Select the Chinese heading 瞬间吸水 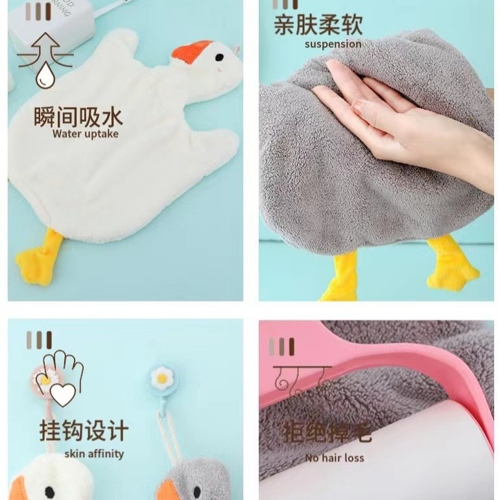click(78, 117)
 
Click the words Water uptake click(86, 134)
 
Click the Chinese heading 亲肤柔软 click(318, 26)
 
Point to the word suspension click(333, 44)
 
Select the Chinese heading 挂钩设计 click(84, 431)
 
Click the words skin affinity click(94, 453)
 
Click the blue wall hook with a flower click(160, 379)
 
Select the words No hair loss click(335, 458)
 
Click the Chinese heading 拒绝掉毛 click(327, 432)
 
